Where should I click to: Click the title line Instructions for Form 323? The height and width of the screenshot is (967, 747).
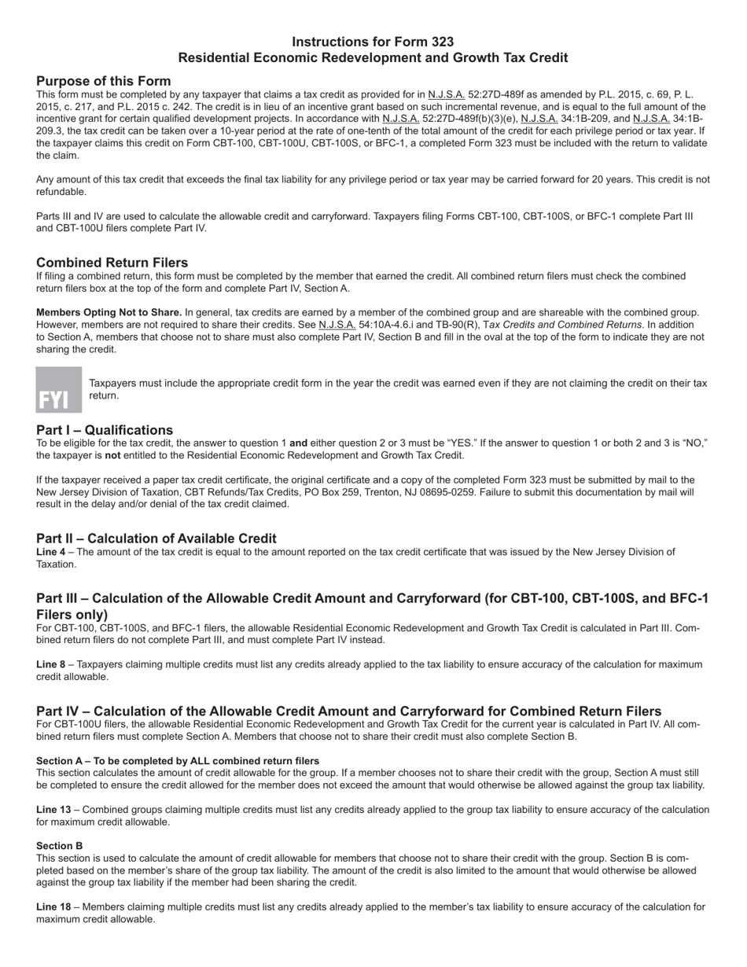tap(373, 42)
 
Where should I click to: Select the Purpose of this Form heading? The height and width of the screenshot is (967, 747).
tap(103, 81)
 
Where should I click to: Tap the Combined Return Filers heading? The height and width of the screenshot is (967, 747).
tap(112, 263)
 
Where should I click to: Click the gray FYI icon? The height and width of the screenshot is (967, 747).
tap(59, 390)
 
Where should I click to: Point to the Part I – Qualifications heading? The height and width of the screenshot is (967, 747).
tap(105, 430)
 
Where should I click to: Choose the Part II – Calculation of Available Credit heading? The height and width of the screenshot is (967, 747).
tap(156, 539)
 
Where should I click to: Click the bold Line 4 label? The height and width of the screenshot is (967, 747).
tap(52, 552)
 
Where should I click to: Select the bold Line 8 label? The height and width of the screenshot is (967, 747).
tap(52, 664)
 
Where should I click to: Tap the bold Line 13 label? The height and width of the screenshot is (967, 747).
tap(54, 810)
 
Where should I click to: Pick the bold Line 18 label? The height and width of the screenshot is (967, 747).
tap(54, 906)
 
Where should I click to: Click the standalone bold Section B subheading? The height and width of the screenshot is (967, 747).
tap(59, 846)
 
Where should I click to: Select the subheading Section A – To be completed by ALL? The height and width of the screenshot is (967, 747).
tap(178, 761)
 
